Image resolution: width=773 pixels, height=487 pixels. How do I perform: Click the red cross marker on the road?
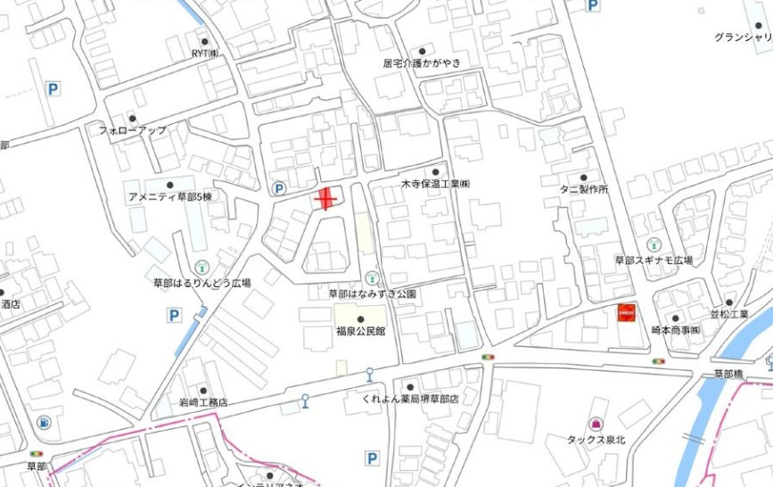(326, 198)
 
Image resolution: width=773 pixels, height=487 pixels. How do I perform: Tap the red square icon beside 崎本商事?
(627, 314)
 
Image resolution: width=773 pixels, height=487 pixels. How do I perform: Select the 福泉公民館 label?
(360, 332)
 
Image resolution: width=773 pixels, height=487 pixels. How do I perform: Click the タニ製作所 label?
(584, 190)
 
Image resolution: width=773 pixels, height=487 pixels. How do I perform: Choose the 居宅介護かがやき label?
(423, 62)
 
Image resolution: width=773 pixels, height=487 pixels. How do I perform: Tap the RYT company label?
(205, 54)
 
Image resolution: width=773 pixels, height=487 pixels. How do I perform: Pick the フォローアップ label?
(133, 130)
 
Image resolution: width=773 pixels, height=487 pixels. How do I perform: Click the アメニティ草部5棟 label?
(170, 196)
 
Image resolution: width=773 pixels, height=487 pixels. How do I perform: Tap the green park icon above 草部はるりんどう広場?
(202, 266)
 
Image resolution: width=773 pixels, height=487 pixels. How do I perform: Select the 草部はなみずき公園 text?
(372, 293)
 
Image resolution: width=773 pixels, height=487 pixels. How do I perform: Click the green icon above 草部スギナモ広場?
(654, 243)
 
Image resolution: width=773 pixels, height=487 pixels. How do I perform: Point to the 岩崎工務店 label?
(192, 402)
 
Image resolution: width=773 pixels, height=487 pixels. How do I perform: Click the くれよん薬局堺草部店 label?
(410, 399)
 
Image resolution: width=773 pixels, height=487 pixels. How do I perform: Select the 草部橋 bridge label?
(728, 374)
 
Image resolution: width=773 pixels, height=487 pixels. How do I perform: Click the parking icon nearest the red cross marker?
(279, 188)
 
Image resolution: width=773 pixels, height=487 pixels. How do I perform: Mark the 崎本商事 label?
(675, 330)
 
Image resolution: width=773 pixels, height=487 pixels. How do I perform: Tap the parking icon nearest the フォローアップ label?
(53, 89)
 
